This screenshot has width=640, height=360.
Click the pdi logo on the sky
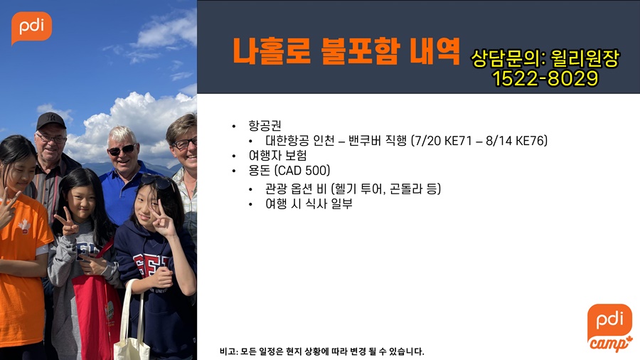pos(31,27)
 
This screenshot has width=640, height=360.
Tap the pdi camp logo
pos(610,328)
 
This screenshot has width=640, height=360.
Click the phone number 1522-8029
pos(545,78)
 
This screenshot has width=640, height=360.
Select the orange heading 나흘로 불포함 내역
pos(346,51)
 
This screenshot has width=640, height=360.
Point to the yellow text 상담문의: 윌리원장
pos(545,58)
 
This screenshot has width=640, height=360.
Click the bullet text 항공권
pos(265,125)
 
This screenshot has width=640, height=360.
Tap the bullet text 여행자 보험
pos(277,156)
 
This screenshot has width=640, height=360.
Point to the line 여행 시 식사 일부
pos(309,203)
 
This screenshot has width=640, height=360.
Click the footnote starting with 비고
pos(322,351)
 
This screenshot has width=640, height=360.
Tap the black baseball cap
pos(50,120)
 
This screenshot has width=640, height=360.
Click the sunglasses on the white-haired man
pos(122,150)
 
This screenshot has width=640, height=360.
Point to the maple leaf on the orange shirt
pos(24,225)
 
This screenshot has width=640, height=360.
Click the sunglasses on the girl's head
pos(158,181)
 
